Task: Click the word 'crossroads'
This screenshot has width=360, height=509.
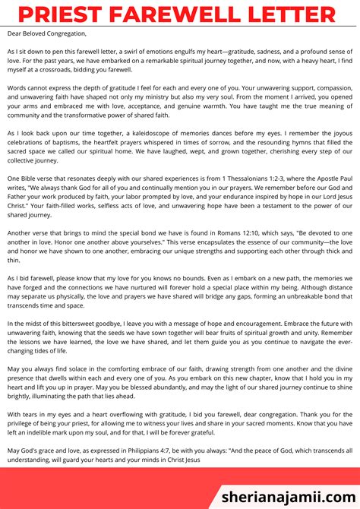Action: tap(60, 70)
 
